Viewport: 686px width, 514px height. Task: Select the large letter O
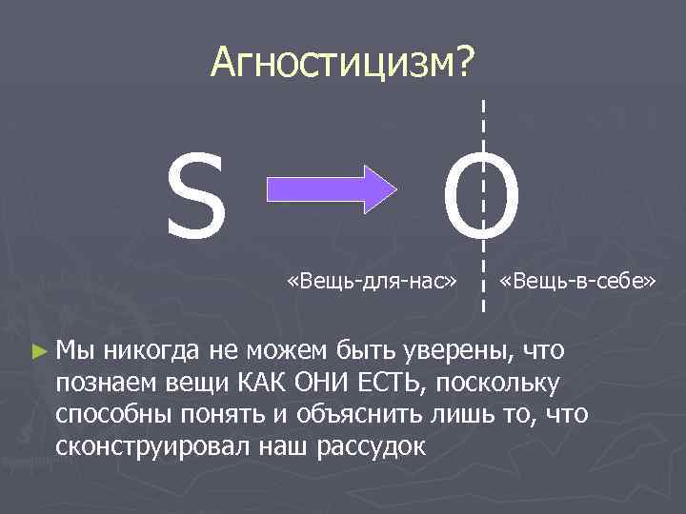coord(483,201)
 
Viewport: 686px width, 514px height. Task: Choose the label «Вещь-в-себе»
coord(579,282)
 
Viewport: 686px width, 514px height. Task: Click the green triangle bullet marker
coord(38,351)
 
